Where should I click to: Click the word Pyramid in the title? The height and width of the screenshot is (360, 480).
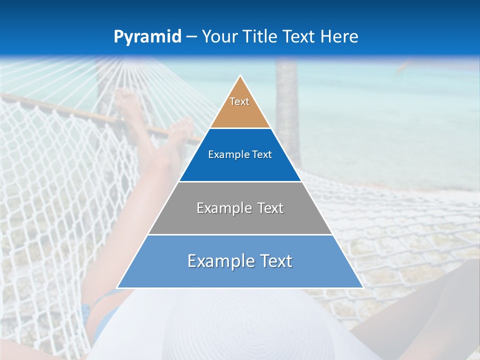point(147,37)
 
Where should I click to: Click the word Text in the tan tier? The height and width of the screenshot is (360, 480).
point(239,101)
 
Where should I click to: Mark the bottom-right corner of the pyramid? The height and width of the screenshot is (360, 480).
point(362,287)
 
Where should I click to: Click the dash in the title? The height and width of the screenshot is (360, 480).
point(191,37)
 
